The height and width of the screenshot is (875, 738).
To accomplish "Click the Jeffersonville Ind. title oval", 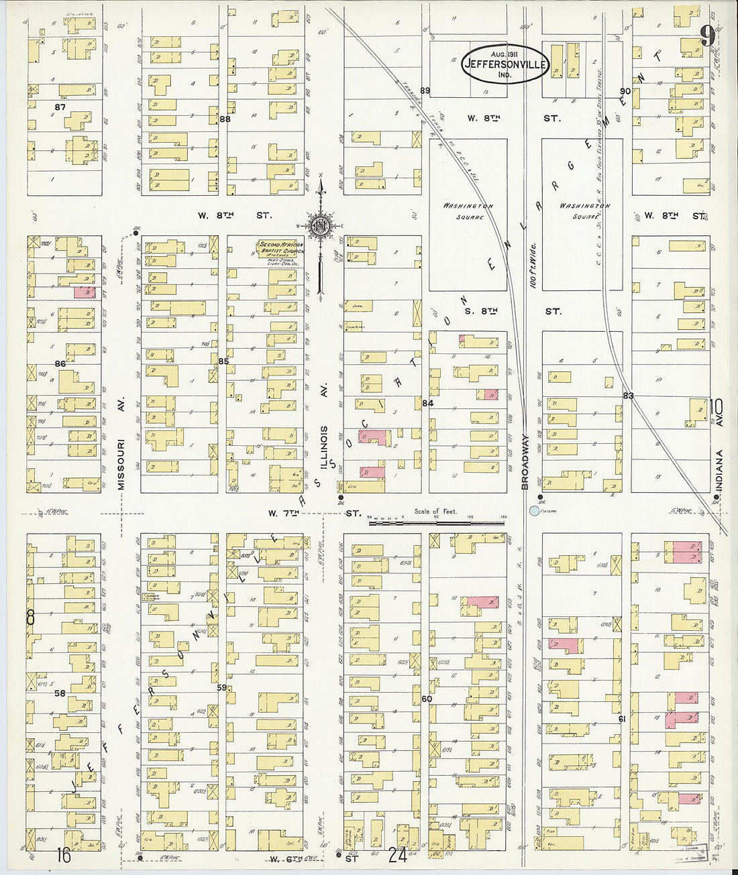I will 505,64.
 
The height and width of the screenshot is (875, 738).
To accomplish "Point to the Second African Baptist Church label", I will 280,249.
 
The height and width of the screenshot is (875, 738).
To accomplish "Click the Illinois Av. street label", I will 323,447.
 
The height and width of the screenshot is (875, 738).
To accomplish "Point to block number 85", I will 223,361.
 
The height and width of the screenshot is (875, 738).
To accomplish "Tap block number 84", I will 427,403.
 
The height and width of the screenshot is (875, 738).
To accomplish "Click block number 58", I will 60,693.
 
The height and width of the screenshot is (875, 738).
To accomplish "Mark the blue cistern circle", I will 534,511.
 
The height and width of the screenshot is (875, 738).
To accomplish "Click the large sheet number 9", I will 706,36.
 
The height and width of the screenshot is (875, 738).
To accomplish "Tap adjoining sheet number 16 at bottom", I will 64,855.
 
